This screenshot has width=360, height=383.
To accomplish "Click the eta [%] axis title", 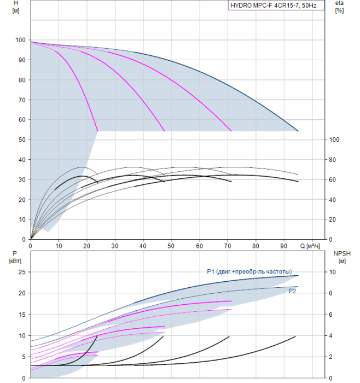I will tap(339, 8).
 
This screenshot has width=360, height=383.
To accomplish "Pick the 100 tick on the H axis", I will tap(20, 40).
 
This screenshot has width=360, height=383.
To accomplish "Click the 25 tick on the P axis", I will tap(22, 272).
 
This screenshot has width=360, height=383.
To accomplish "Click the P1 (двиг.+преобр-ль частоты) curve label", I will tap(249, 272).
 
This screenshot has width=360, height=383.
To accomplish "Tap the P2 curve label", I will tap(293, 291).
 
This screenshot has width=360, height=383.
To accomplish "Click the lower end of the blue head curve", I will tap(298, 131).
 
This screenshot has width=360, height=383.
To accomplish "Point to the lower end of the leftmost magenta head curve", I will tap(97, 131).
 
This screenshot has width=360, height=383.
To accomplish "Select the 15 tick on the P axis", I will tap(22, 314).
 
